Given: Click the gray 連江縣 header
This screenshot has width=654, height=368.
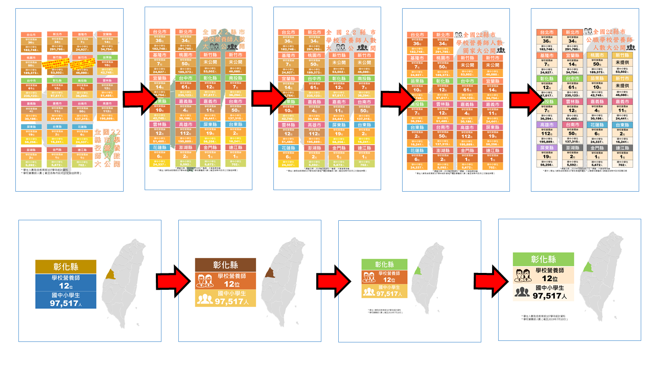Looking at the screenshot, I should pyautogui.click(x=623, y=148).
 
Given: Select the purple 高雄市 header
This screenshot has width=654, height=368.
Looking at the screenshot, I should pyautogui.click(x=547, y=125).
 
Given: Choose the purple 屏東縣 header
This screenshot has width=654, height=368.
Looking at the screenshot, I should pyautogui.click(x=547, y=148).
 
